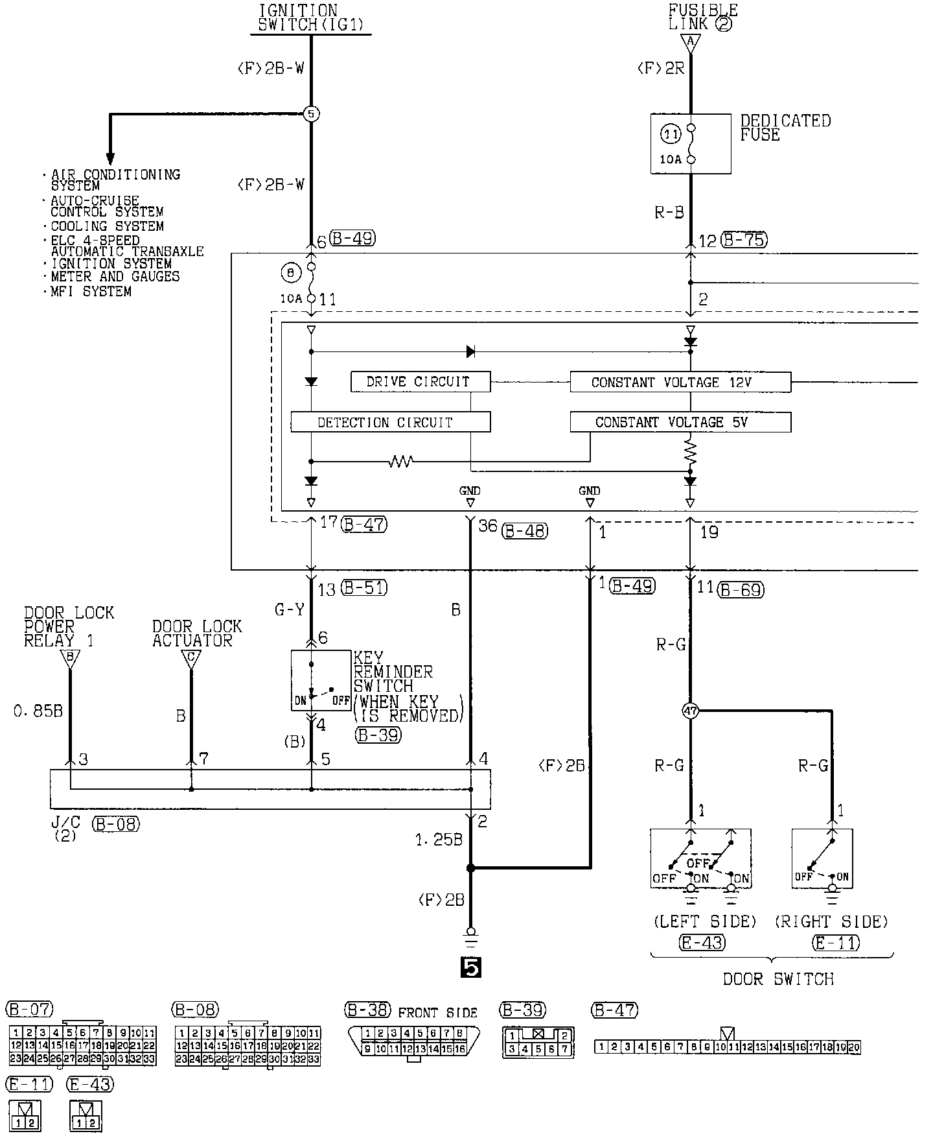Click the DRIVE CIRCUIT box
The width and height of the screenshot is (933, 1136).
click(x=420, y=382)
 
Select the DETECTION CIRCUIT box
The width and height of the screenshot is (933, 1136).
click(x=390, y=422)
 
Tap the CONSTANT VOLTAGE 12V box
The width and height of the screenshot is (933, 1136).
click(x=680, y=382)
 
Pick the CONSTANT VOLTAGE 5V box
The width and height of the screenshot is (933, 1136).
click(x=680, y=422)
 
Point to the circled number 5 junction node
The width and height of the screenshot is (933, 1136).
click(x=312, y=114)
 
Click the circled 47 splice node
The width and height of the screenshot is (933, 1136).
click(x=691, y=711)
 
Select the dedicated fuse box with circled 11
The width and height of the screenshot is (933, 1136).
click(x=691, y=144)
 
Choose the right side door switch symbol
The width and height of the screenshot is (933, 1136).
click(x=822, y=859)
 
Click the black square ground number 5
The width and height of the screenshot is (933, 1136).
click(x=470, y=967)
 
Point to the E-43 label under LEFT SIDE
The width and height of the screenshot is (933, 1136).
click(x=702, y=942)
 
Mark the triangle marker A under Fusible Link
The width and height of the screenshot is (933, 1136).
click(x=691, y=43)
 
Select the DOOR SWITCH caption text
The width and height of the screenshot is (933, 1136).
click(x=777, y=979)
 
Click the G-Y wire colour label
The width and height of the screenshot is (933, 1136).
click(x=290, y=610)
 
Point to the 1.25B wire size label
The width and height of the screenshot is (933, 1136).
click(x=439, y=840)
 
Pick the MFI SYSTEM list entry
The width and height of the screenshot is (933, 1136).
click(x=91, y=292)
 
